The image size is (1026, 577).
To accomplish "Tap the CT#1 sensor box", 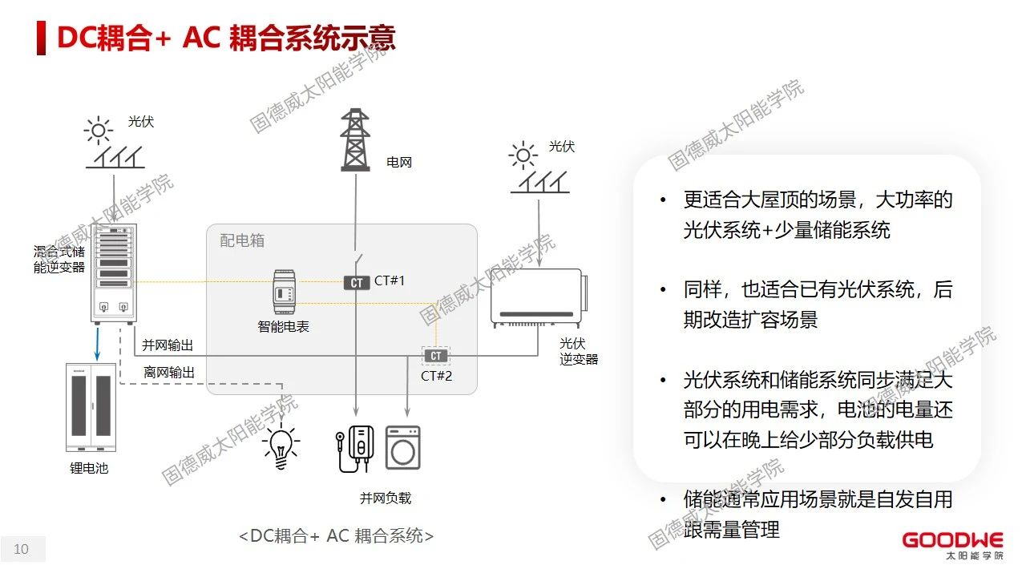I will click(x=357, y=282).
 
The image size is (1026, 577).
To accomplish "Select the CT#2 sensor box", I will click(x=435, y=356).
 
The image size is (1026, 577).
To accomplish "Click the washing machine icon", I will click(x=402, y=446).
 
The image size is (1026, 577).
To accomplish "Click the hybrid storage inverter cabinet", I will click(x=111, y=273).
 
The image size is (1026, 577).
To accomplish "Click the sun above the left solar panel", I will click(x=99, y=130).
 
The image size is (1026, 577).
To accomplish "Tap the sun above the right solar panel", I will click(x=523, y=155).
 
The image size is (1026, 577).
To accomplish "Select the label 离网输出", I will click(x=169, y=372).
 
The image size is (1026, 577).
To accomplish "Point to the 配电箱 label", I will click(x=242, y=240).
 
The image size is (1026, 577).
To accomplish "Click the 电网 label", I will click(x=399, y=162).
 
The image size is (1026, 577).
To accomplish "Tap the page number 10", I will click(x=22, y=549).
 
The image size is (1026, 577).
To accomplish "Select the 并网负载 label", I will click(x=386, y=498).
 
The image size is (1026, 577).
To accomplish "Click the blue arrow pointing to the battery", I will click(x=96, y=343).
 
